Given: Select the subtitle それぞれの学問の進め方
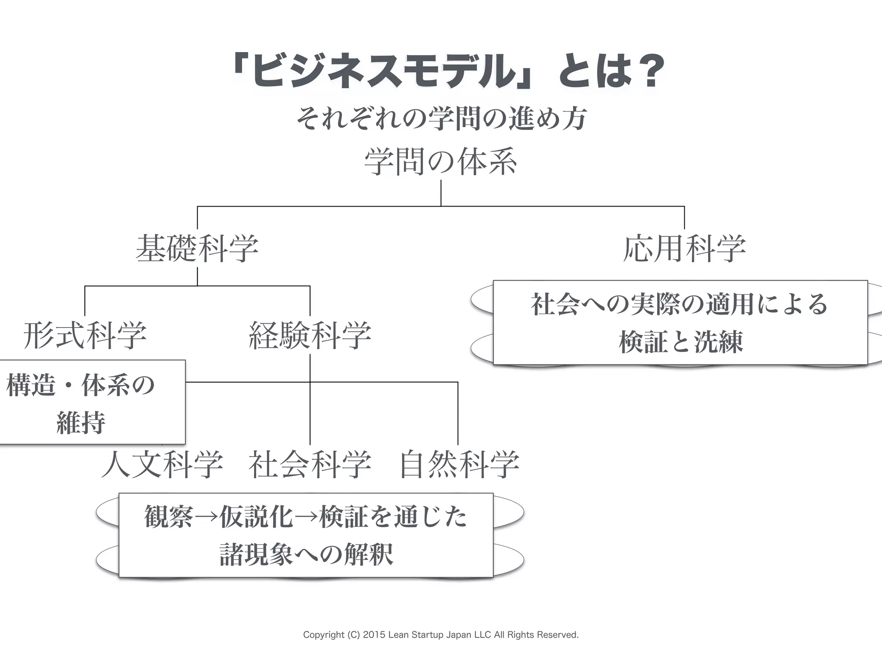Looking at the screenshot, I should [x=441, y=118].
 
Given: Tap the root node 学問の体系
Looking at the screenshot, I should [x=440, y=162].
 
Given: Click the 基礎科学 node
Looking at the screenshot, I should [x=197, y=249].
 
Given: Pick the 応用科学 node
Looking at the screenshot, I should [x=684, y=249].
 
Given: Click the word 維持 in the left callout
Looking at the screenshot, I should [x=81, y=423].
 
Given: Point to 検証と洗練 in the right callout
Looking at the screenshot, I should [x=680, y=343].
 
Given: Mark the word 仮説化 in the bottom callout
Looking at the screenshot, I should [x=256, y=516].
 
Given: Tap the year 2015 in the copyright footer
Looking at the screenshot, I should [x=374, y=635].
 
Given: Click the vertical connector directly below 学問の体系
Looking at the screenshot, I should [x=441, y=193].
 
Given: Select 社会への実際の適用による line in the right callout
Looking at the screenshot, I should [x=680, y=304].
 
